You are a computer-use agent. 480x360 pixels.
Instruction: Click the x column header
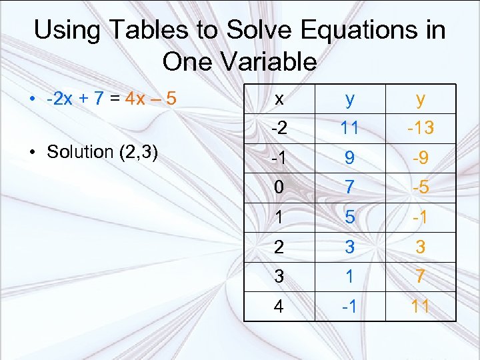click(x=279, y=99)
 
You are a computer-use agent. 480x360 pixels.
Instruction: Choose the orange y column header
click(x=421, y=99)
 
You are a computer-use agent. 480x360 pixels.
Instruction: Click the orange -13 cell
click(x=421, y=127)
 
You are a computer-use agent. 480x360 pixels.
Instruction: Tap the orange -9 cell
click(x=421, y=159)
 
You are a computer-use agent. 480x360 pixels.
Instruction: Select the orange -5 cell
click(x=421, y=188)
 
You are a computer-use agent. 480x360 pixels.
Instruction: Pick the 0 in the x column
click(x=279, y=188)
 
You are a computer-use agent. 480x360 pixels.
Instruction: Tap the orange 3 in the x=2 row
click(x=421, y=247)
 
